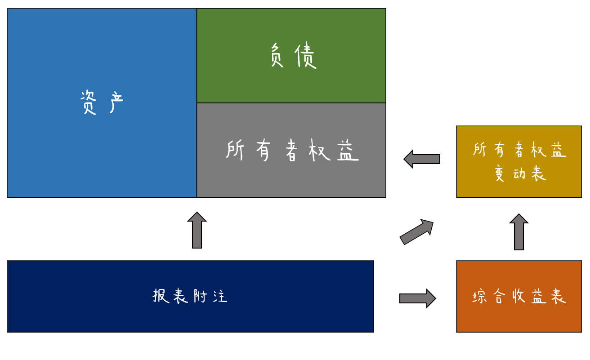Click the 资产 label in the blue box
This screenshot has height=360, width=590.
tap(102, 102)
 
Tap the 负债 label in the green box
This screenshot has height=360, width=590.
tap(293, 55)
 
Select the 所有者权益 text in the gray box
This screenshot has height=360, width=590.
tap(292, 150)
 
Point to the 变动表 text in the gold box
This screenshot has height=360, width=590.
tap(520, 173)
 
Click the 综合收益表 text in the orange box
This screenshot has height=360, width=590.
tap(519, 297)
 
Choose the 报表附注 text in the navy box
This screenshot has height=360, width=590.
tap(190, 296)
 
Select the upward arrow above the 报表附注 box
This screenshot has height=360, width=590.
tap(197, 230)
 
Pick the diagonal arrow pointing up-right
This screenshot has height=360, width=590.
tap(416, 232)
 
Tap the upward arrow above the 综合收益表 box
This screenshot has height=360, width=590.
tap(519, 232)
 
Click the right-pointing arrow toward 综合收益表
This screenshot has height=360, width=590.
tap(417, 298)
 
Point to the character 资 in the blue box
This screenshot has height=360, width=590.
tap(88, 102)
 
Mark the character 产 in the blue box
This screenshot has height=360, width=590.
tap(116, 102)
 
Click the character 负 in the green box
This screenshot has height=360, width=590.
tap(277, 55)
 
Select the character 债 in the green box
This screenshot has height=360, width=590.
tap(306, 55)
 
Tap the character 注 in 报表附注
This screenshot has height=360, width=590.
tap(220, 296)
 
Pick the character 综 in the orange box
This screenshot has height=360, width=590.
tap(480, 297)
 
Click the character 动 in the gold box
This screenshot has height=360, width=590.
tap(520, 173)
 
